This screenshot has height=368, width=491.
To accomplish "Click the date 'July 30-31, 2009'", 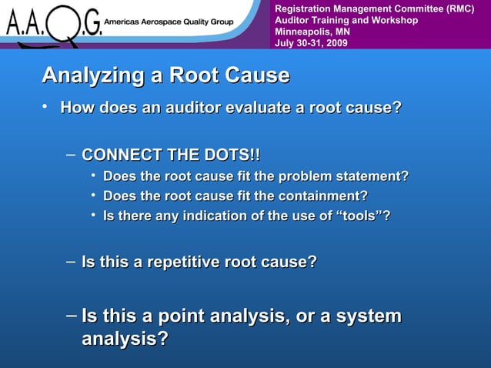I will point(311,43).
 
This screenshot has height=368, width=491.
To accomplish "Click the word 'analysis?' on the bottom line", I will point(125,339).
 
